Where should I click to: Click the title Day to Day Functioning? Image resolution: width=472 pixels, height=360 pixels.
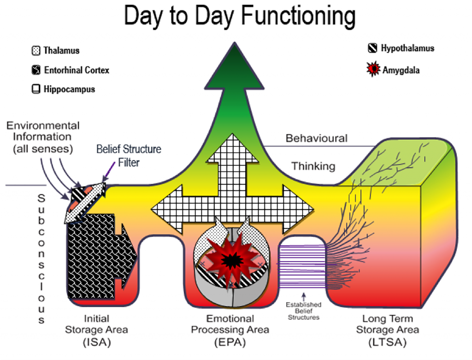pos(239,16)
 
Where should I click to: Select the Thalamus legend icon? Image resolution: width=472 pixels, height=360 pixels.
pos(36,51)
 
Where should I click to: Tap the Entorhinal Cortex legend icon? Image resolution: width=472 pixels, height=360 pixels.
pos(36,70)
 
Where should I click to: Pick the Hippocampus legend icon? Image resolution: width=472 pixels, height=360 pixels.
pos(36,89)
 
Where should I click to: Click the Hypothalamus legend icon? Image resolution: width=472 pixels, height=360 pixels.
pos(372,48)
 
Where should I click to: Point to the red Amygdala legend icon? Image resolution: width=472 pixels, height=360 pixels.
pos(373,70)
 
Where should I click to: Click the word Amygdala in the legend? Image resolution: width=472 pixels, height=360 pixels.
pos(401,71)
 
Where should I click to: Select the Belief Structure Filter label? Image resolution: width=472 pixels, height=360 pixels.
pos(129,155)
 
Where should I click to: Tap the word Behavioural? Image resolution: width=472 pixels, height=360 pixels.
pos(316,138)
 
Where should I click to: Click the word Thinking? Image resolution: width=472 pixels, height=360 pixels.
pos(313,166)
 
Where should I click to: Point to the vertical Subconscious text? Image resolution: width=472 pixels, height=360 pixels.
pos(41,258)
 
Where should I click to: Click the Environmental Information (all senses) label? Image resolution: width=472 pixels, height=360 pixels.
pos(42,137)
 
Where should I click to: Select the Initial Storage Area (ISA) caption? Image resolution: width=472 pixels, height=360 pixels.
pos(96,330)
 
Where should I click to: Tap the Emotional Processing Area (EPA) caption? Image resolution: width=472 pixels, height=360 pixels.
pos(230,330)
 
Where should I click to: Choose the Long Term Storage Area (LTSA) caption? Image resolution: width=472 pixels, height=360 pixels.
pos(387,330)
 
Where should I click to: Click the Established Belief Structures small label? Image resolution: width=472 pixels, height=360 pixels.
pos(303,311)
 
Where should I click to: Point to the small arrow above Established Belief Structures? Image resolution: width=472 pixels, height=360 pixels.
pos(303,295)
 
